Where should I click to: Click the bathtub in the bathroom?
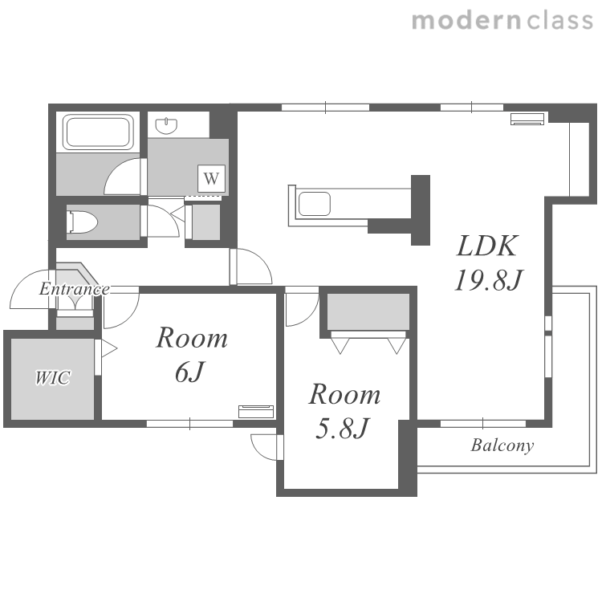pos(98,132)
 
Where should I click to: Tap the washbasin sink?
pos(167,126)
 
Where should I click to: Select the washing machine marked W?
pos(211,178)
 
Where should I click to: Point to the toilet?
pos(82,222)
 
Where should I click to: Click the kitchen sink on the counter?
pos(315,204)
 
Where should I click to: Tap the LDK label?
pos(487,246)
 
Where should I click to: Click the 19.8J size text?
pos(488,280)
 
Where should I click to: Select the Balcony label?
pos(502,445)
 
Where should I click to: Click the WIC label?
pos(53,378)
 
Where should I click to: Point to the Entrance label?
pos(75,289)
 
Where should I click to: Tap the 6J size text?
pos(189,372)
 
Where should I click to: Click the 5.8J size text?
pos(342,428)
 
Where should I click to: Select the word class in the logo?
pos(560,20)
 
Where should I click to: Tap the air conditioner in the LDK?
pos(527,119)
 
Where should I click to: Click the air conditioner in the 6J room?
pos(256,411)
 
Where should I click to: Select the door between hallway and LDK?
pos(251,266)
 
